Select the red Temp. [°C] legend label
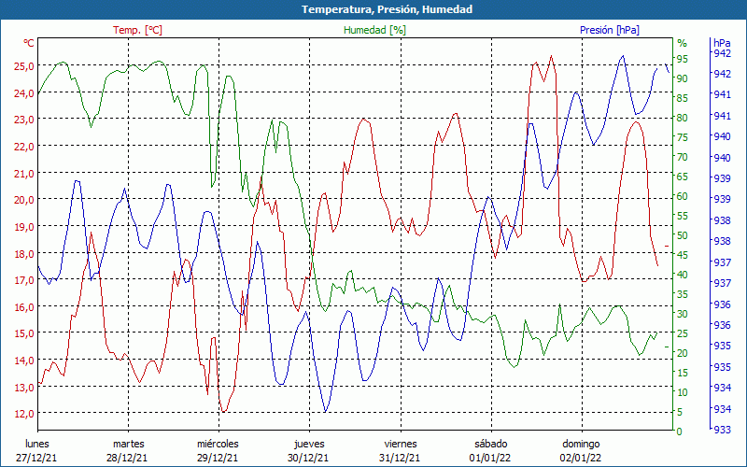[137, 30]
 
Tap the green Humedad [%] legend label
[374, 30]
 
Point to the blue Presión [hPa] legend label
[609, 30]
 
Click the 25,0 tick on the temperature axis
[23, 65]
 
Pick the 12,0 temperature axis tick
[23, 413]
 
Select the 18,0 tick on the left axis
[23, 253]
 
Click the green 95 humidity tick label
[682, 58]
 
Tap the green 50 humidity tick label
[682, 235]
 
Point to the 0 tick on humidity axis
[679, 432]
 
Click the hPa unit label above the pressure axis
[722, 43]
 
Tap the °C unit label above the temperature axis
[29, 43]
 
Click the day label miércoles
[218, 444]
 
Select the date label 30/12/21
[308, 458]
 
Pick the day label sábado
[490, 444]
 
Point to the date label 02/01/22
[581, 458]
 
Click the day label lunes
[37, 444]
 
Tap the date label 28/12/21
[128, 458]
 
